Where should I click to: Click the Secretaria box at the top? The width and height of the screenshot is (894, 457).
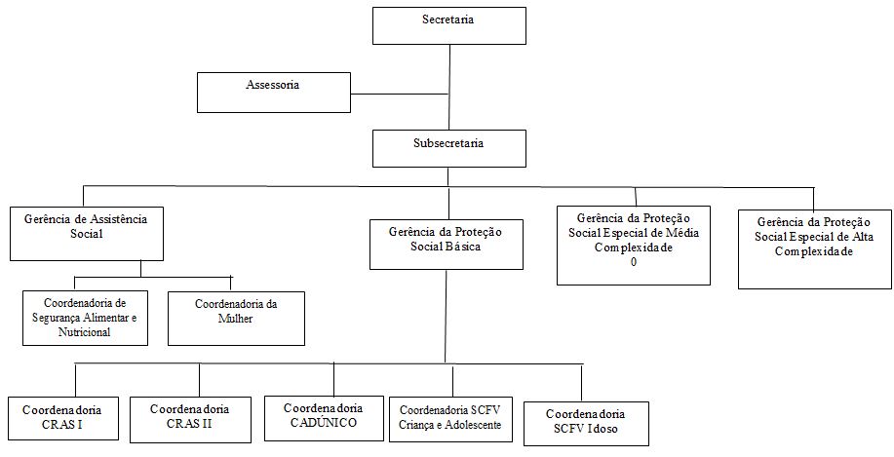pos(449,25)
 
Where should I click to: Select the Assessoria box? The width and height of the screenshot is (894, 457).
pos(274,93)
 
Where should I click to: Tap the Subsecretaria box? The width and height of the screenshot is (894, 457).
pos(449,148)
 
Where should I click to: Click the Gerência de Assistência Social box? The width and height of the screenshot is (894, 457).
pos(87,234)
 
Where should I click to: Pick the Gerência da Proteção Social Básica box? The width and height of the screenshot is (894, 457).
pos(447,245)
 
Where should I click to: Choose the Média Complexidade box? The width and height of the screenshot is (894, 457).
pos(634,246)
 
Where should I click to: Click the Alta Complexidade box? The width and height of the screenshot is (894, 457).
pos(815,249)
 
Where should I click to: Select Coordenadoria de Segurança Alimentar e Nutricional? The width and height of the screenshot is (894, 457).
pos(86,318)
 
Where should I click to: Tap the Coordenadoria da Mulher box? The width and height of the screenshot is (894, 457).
pos(236,319)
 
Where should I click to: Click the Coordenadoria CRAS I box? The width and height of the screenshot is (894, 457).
pos(61,419)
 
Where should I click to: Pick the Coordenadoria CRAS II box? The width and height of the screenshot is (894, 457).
pos(190,419)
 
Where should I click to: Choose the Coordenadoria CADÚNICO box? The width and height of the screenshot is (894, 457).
pos(324,418)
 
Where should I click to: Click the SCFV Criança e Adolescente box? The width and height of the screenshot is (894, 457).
pos(450,419)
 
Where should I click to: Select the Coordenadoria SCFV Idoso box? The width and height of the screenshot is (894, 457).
pos(586,423)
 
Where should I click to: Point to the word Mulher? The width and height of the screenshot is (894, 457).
pos(235,318)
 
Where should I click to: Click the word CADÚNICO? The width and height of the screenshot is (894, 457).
pos(324,422)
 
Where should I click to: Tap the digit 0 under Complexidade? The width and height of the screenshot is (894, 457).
pos(634,261)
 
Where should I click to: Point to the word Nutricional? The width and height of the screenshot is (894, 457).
pos(85,331)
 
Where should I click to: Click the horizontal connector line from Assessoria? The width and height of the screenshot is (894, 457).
pos(400,94)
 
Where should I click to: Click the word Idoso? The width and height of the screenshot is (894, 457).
pos(602,429)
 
